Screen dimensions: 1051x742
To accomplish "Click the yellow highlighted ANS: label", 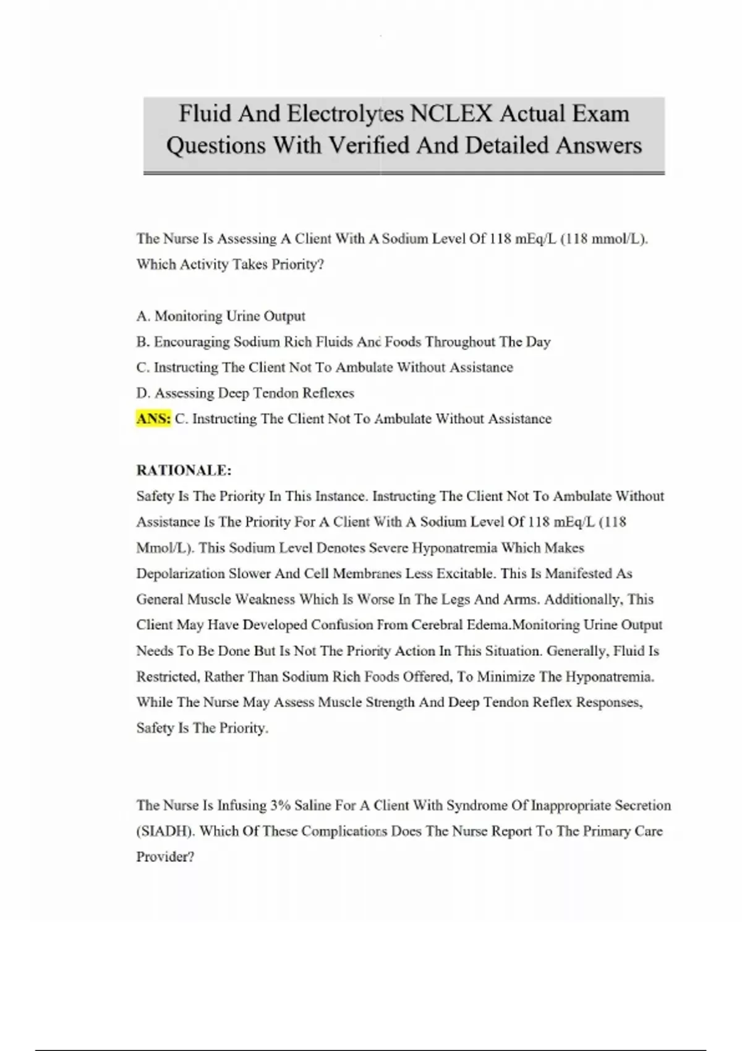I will [x=153, y=419].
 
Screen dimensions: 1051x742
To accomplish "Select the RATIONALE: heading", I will [x=184, y=470].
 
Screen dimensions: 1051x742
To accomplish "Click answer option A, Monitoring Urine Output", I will [x=221, y=316].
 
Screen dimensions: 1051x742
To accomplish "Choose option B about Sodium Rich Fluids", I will [x=343, y=342].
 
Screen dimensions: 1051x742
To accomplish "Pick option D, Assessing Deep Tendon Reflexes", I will [x=245, y=393].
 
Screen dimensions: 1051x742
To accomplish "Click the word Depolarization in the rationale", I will [x=181, y=574].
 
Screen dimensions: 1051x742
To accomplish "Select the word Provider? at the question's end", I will [x=165, y=857].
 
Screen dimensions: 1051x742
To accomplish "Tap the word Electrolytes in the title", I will [x=346, y=114].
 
